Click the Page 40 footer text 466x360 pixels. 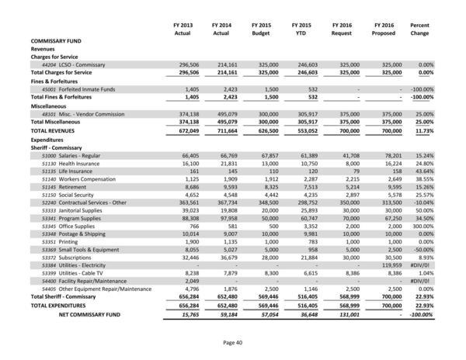click(232, 343)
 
